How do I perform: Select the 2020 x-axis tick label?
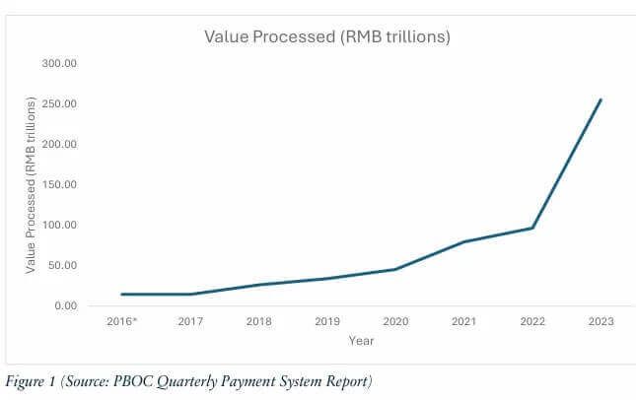394,321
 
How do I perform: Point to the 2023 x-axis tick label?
601,321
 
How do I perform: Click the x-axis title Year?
360,341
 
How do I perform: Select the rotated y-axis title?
32,185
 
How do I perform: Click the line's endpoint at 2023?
601,100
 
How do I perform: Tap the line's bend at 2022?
532,228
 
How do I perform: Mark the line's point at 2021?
463,241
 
